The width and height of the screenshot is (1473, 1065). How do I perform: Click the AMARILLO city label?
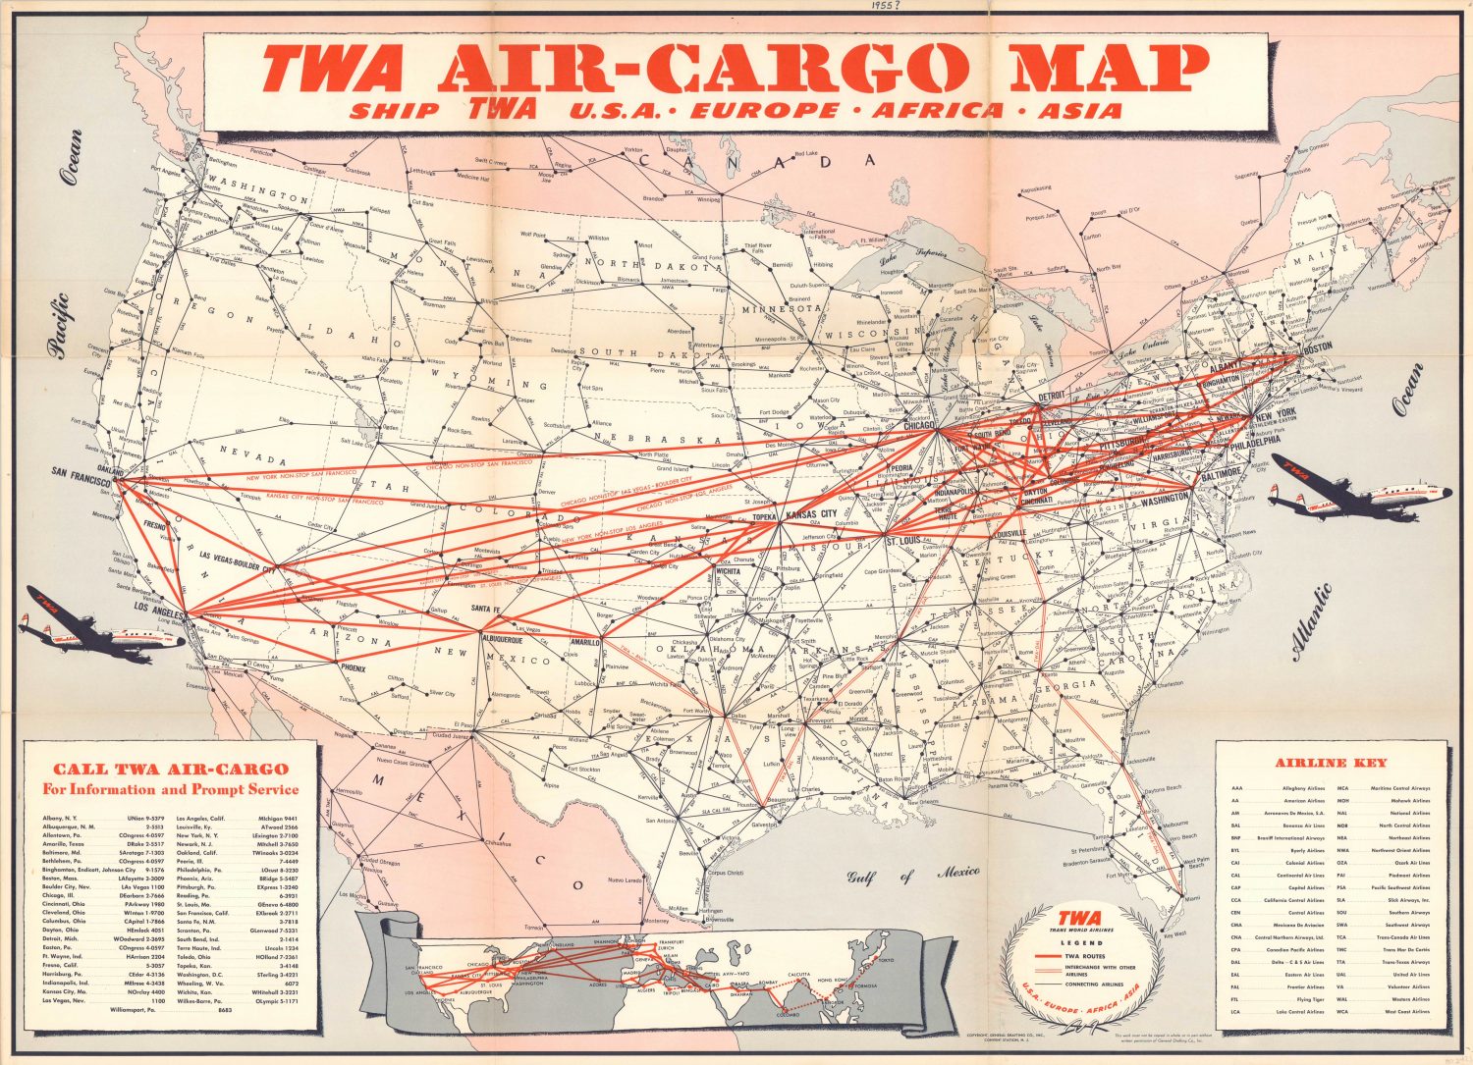pos(586,642)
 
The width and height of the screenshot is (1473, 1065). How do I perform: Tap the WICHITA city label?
pos(729,570)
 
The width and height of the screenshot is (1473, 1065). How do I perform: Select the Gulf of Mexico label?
pos(914,874)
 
